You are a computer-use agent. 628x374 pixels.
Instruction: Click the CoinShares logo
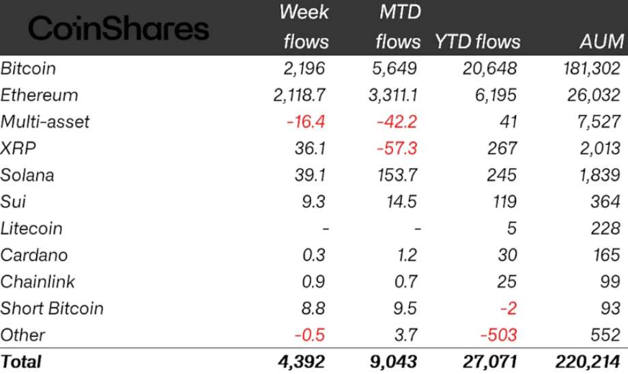[x=118, y=29]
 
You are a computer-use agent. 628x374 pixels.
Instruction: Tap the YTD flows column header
[x=477, y=42]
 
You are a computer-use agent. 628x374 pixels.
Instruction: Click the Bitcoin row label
[x=29, y=68]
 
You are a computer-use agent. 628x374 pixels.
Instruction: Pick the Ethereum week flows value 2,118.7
[x=300, y=95]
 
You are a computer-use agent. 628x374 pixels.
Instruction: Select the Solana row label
[x=27, y=175]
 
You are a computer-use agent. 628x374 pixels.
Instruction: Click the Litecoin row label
[x=31, y=228]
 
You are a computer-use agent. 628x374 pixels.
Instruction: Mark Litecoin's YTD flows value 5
[x=511, y=228]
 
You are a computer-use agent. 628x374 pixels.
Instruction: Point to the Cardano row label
[x=34, y=255]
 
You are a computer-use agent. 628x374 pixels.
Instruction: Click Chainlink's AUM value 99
[x=610, y=282]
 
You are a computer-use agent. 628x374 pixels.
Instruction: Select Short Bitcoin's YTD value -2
[x=507, y=308]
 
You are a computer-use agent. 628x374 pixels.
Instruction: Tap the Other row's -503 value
[x=498, y=335]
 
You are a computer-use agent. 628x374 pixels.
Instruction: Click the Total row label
[x=21, y=362]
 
